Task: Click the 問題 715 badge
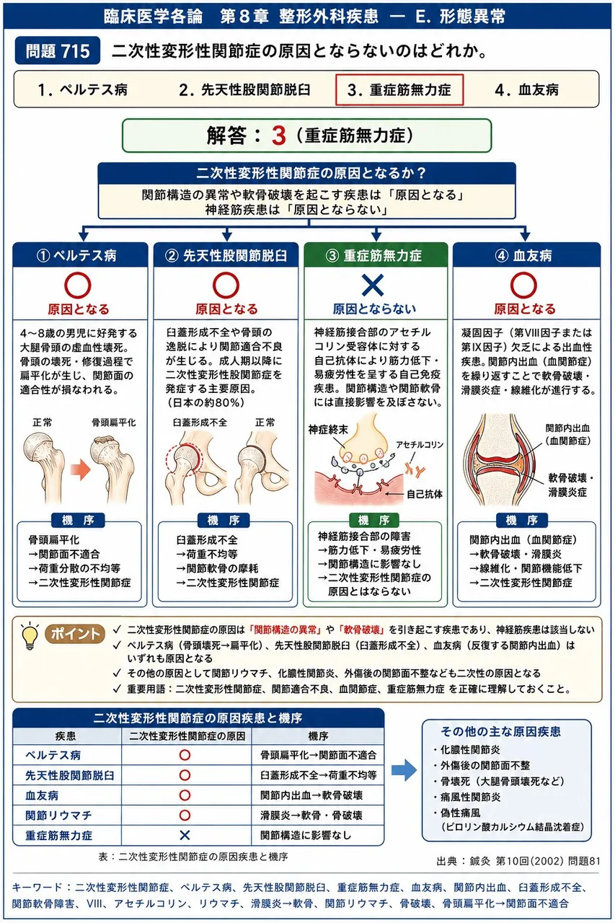(x=58, y=50)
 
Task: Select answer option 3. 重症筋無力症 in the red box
(x=399, y=90)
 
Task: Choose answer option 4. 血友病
(x=526, y=90)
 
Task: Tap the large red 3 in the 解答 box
(x=278, y=136)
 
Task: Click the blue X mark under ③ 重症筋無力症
(x=373, y=285)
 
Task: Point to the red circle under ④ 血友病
(x=523, y=285)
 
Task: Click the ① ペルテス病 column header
(x=80, y=255)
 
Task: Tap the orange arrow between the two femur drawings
(x=80, y=469)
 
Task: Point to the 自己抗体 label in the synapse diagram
(x=424, y=494)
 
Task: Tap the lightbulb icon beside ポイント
(x=30, y=637)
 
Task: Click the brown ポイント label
(x=75, y=634)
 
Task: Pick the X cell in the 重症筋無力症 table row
(x=185, y=835)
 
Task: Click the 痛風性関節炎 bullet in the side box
(x=466, y=797)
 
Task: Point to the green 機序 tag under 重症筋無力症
(x=374, y=520)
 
